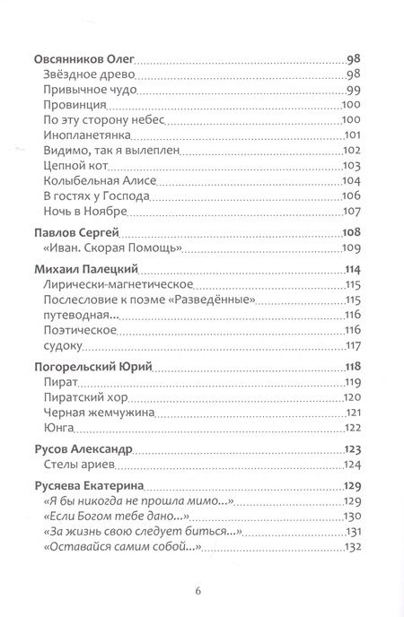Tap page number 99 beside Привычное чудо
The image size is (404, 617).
(352, 90)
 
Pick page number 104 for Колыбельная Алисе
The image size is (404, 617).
(350, 181)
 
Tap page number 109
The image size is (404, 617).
(350, 248)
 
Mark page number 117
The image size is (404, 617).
(351, 346)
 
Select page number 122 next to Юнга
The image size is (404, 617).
(350, 428)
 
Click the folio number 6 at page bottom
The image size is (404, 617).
(201, 568)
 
